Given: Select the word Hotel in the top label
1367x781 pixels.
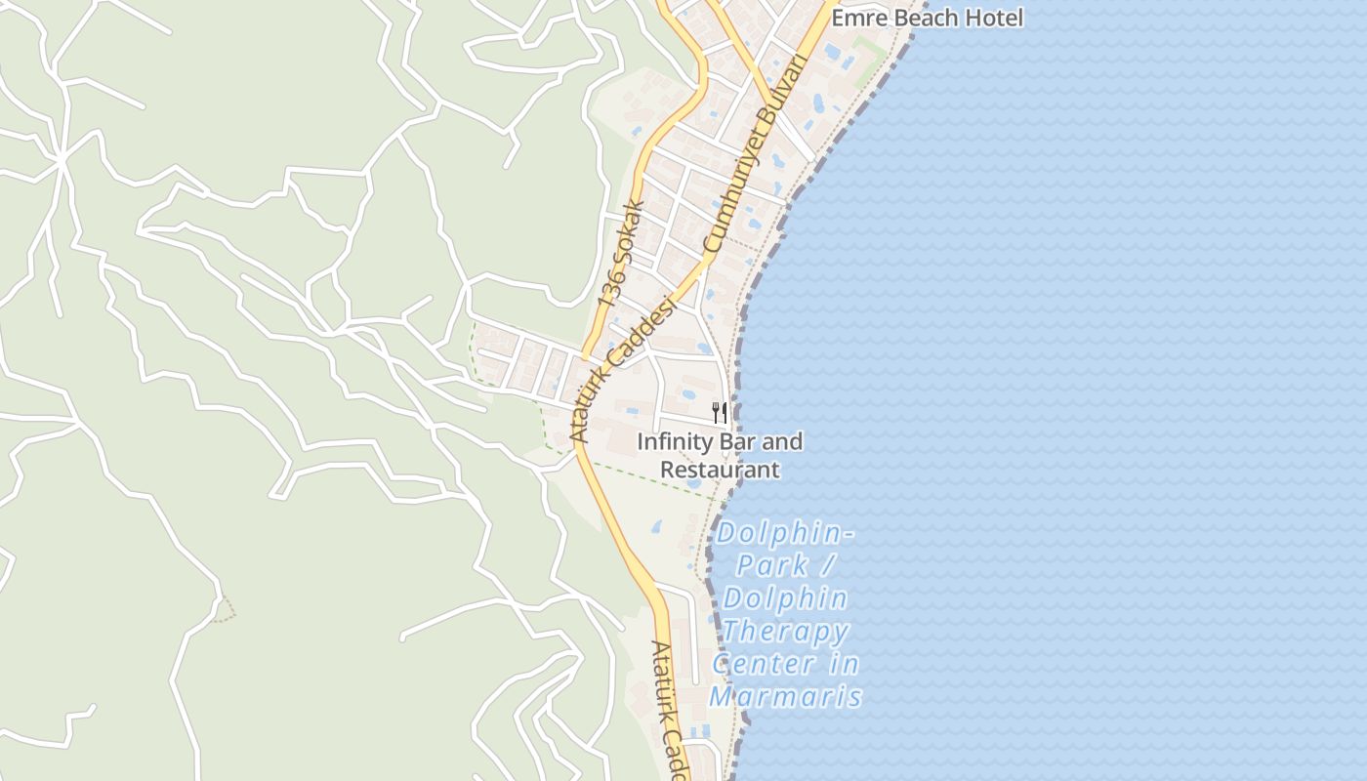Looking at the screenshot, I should click(995, 18).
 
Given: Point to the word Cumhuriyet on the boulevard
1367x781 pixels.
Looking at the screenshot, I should click(730, 204).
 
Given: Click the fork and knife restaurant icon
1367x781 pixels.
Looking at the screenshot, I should click(720, 413).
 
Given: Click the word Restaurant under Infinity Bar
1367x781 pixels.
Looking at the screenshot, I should click(721, 470).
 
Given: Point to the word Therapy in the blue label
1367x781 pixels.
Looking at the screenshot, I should click(786, 632).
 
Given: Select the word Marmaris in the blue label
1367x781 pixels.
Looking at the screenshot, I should click(786, 697).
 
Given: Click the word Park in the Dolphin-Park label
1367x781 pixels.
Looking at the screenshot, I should click(772, 565).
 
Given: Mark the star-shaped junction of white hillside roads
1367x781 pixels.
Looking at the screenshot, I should click(62, 159).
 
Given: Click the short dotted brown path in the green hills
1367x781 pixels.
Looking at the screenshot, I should click(226, 609).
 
